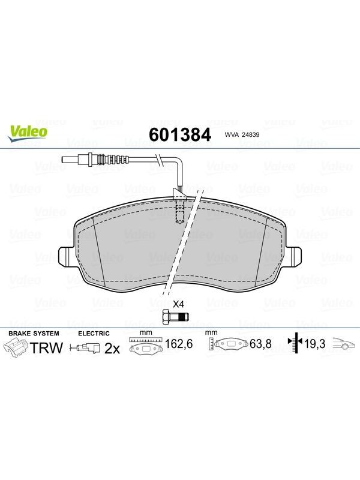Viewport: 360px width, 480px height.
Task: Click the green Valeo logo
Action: (28, 134)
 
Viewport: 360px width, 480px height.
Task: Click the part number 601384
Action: (180, 134)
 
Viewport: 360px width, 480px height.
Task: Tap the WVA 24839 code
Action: (242, 134)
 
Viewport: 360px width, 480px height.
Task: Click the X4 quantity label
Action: (178, 304)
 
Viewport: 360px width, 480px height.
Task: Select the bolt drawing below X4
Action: (175, 316)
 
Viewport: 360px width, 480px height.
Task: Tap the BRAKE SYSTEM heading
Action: (34, 334)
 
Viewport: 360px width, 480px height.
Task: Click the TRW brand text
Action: (46, 348)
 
